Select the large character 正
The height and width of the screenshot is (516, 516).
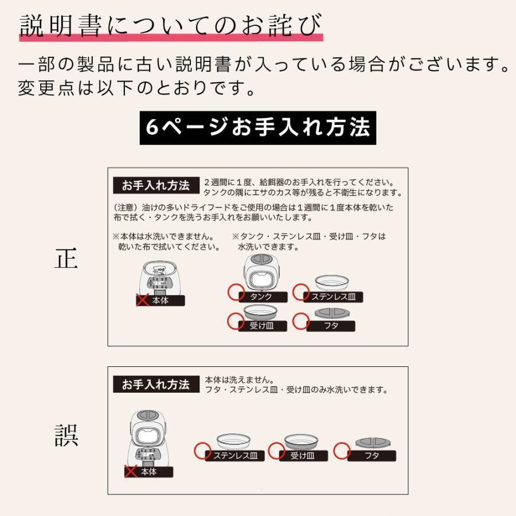point(66,259)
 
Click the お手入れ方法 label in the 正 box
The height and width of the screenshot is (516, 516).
point(155,186)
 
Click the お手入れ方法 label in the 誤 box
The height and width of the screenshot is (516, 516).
point(155,385)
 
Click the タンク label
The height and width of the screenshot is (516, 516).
point(261,297)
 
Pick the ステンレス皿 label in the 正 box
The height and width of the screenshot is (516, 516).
point(333,297)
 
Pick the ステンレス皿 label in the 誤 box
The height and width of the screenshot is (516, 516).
point(234,456)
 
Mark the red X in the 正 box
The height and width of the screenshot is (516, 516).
point(142,300)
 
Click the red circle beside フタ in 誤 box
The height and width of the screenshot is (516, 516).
point(342,450)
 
